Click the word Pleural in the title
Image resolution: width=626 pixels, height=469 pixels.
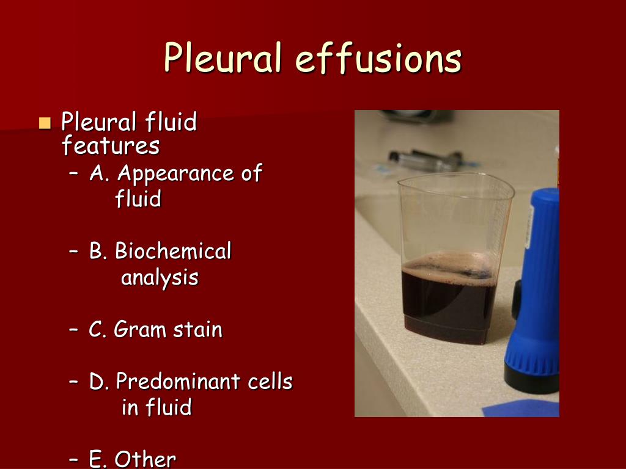click(223, 59)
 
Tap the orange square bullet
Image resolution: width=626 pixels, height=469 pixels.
click(45, 123)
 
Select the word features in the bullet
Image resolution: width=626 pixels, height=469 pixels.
click(111, 147)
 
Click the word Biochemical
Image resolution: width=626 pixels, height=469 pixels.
click(173, 251)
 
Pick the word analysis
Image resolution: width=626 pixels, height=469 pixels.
click(160, 278)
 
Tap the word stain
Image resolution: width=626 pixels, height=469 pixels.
click(197, 330)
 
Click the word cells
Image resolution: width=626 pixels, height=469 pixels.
click(270, 382)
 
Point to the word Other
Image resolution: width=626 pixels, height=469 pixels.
click(145, 459)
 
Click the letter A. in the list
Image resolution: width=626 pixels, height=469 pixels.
click(100, 174)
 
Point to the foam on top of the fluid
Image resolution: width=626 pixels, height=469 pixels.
click(449, 266)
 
